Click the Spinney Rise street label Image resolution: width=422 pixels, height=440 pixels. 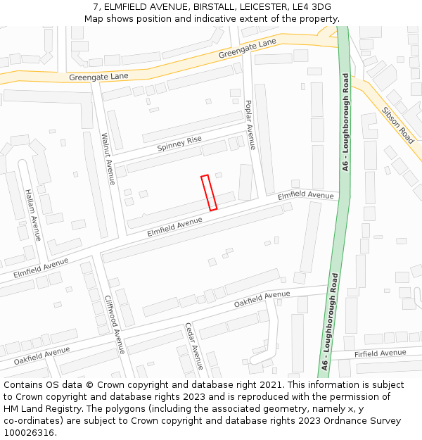[179, 144]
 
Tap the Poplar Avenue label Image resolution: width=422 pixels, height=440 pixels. [250, 125]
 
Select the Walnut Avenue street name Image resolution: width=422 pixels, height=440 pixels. [108, 158]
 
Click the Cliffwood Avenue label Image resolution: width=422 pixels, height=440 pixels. [115, 324]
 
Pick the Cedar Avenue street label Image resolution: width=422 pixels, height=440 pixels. [193, 346]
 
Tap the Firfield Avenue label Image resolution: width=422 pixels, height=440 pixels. [381, 353]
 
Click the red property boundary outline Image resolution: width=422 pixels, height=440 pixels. [209, 193]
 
